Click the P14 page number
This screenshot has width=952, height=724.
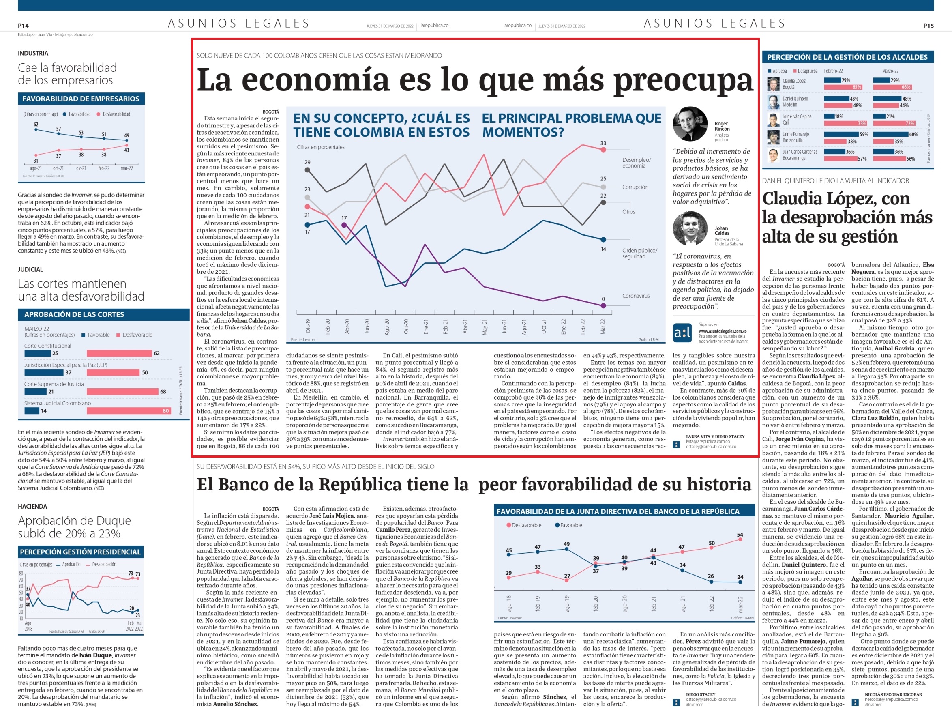[x=23, y=26]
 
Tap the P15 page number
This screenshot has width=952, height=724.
[x=928, y=26]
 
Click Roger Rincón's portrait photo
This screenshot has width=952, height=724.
[x=690, y=124]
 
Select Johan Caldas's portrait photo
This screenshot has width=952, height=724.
[x=690, y=228]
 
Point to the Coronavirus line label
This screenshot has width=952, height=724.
[x=636, y=296]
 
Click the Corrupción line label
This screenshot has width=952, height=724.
[x=635, y=187]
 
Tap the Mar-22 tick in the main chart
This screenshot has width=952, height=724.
[x=603, y=327]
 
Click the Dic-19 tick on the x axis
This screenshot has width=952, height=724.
[x=308, y=326]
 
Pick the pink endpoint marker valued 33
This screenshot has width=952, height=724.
[x=603, y=150]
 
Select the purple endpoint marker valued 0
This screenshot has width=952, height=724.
[x=603, y=305]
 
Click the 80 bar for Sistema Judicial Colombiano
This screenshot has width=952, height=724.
[x=129, y=411]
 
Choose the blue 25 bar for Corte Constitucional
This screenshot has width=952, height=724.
[x=37, y=353]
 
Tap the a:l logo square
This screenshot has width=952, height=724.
[x=682, y=333]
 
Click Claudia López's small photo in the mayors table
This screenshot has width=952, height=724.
[x=773, y=84]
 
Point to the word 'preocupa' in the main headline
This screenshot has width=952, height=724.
[x=683, y=81]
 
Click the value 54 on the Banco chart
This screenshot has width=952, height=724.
[x=740, y=535]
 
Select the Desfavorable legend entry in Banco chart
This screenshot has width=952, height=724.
[x=524, y=525]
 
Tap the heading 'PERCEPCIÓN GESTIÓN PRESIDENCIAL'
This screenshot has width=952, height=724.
[x=81, y=552]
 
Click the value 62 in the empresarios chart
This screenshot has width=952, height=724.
[x=36, y=125]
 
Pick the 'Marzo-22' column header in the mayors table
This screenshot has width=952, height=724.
[x=890, y=71]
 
